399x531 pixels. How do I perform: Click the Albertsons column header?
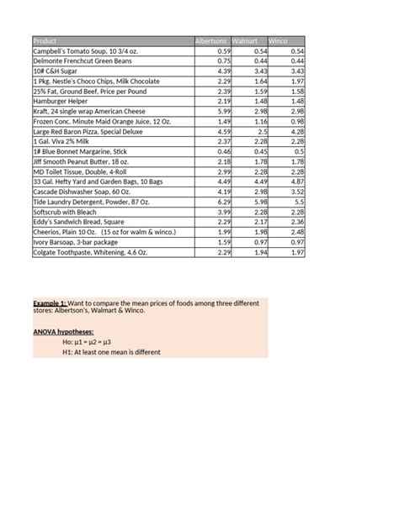[210, 41]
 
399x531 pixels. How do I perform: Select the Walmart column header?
[246, 41]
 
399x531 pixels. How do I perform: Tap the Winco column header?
[279, 41]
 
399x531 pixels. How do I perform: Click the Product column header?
[46, 41]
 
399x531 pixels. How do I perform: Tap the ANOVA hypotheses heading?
[64, 332]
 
